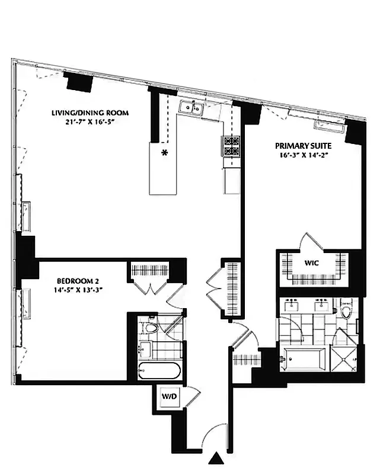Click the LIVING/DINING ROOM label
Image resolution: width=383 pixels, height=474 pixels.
(x=91, y=113)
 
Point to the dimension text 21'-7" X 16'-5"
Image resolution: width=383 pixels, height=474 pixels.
(x=91, y=123)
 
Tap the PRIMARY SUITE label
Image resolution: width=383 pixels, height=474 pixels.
(x=303, y=145)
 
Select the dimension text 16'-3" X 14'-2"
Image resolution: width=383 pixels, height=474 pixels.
(x=303, y=155)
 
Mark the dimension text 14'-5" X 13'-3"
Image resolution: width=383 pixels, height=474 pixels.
(x=77, y=290)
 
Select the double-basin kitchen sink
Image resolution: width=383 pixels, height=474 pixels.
(x=191, y=107)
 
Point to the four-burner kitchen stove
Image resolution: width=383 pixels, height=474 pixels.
(x=231, y=146)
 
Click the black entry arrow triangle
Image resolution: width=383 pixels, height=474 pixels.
(x=218, y=458)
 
